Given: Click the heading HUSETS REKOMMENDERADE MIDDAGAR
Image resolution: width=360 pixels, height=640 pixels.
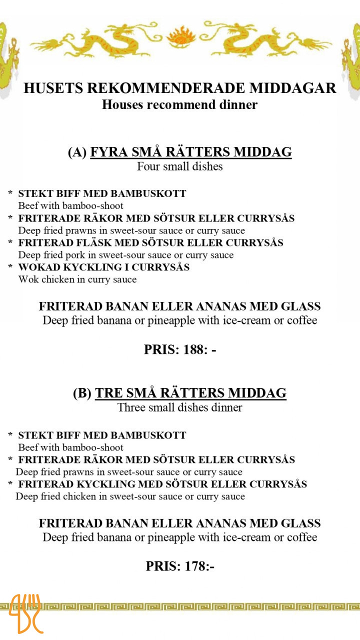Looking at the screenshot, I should pyautogui.click(x=180, y=88).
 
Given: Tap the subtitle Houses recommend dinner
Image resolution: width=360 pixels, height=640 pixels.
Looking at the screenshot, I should pyautogui.click(x=180, y=104).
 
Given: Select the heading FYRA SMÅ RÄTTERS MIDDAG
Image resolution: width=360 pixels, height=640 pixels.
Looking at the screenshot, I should pyautogui.click(x=190, y=152).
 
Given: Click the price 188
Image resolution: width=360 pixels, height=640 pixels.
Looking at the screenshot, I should pyautogui.click(x=180, y=349).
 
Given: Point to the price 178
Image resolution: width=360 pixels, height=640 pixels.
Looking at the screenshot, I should pyautogui.click(x=180, y=566).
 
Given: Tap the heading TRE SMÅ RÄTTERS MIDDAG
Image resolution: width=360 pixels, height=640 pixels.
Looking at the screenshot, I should pyautogui.click(x=190, y=393).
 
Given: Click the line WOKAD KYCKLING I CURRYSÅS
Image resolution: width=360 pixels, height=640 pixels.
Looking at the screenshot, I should pyautogui.click(x=104, y=267).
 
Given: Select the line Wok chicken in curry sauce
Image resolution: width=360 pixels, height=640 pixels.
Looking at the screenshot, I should pyautogui.click(x=77, y=279).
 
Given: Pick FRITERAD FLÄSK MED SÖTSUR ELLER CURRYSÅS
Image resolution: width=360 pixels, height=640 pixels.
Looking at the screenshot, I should pyautogui.click(x=151, y=242).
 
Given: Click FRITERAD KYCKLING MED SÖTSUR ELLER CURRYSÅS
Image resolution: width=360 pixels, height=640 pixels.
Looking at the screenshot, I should pyautogui.click(x=162, y=484).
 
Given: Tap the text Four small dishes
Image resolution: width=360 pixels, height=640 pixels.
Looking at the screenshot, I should pyautogui.click(x=180, y=166).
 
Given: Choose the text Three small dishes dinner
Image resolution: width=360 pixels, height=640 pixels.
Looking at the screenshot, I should pyautogui.click(x=180, y=407).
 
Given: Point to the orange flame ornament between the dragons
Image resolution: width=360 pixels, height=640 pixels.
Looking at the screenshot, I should pyautogui.click(x=179, y=36).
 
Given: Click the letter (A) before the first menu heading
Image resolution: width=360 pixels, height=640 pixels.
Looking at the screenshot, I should pyautogui.click(x=77, y=152).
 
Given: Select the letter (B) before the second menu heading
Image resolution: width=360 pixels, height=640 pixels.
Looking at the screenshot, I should pyautogui.click(x=82, y=393).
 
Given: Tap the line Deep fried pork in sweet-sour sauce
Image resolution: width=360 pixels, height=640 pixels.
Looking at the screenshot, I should pyautogui.click(x=126, y=255).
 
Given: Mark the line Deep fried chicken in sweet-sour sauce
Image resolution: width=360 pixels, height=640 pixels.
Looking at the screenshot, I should pyautogui.click(x=130, y=496).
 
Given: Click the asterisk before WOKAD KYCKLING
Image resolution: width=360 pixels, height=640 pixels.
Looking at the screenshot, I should pyautogui.click(x=10, y=268).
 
